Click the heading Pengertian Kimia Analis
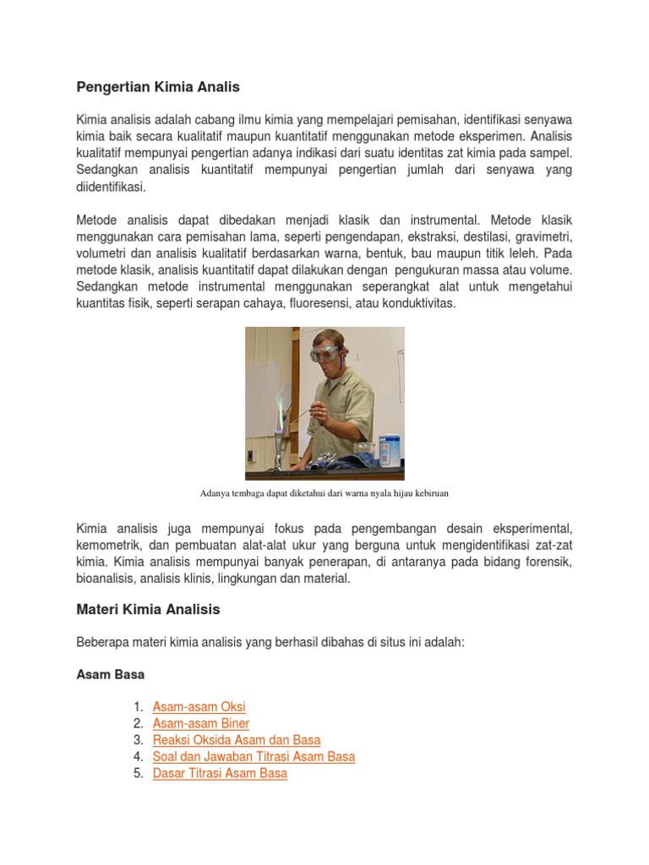point(158,87)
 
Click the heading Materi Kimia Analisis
point(148,609)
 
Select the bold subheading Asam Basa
point(110,675)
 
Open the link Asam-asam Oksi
point(199,706)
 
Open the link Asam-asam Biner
point(200,723)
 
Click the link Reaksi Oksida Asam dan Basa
point(236,740)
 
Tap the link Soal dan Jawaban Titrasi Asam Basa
point(254,757)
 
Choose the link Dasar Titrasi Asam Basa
point(220,773)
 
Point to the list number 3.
point(139,740)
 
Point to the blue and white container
point(390,449)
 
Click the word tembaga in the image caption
point(258,492)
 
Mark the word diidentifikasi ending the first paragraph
point(111,187)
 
